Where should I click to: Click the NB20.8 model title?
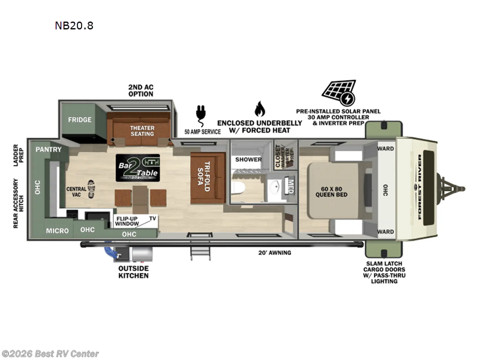point(74,26)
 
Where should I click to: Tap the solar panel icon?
point(338,92)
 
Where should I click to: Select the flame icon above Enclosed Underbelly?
point(259,109)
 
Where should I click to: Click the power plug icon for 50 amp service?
point(200,113)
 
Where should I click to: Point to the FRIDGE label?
point(79,119)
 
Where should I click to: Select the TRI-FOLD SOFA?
point(207,178)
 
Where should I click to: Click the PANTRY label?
point(46,149)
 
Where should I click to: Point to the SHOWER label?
point(248,160)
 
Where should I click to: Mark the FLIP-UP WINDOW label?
point(127,220)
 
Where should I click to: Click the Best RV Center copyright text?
point(50,354)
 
